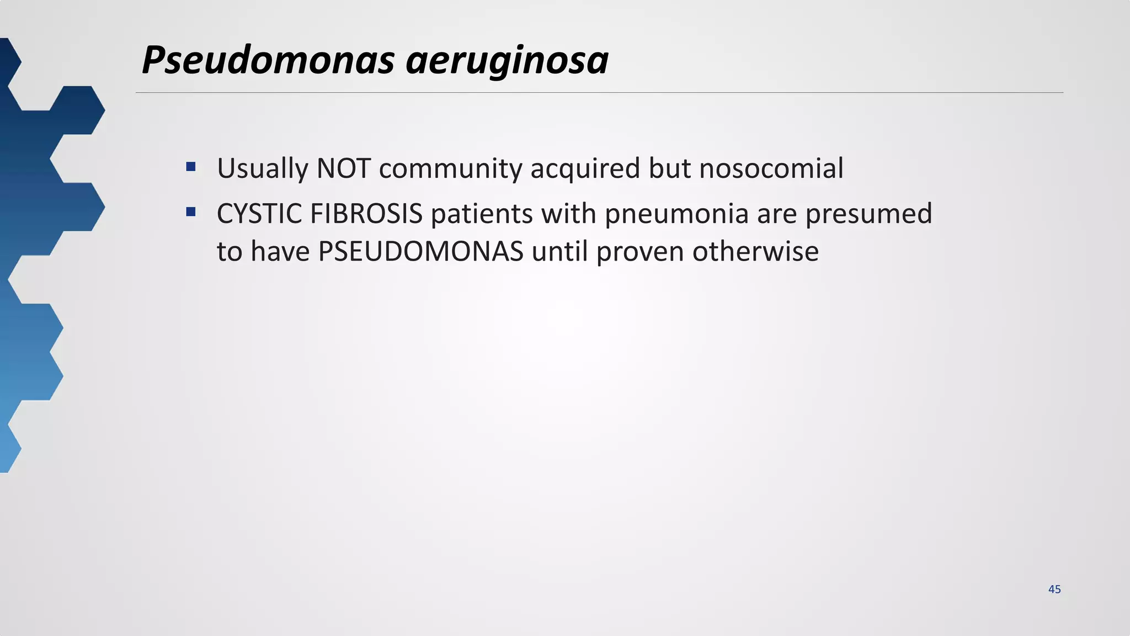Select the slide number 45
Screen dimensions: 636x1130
click(x=1054, y=589)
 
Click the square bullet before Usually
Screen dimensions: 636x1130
click(x=191, y=166)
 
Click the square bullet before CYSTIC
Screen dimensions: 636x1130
click(x=191, y=211)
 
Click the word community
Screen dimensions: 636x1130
click(x=450, y=169)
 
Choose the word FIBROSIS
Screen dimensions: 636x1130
click(x=366, y=214)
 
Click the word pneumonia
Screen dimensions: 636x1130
click(x=676, y=215)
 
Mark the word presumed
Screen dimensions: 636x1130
click(x=868, y=215)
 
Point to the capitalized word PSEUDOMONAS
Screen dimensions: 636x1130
click(x=420, y=252)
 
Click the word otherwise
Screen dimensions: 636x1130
click(x=755, y=252)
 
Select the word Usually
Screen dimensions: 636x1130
click(x=262, y=169)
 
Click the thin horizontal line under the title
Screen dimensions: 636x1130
click(x=599, y=93)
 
